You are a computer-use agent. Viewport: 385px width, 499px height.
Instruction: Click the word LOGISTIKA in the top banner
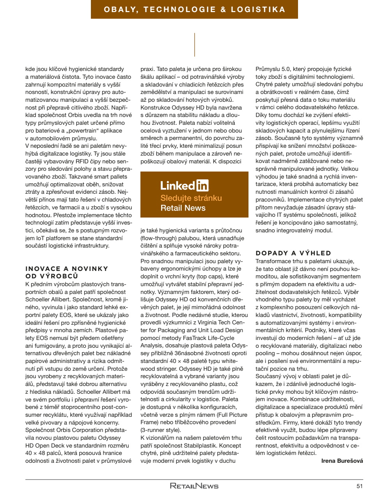click(258, 9)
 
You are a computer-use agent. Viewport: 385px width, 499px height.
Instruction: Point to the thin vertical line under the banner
click(194, 44)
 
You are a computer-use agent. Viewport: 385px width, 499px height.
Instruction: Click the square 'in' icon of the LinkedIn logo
click(202, 185)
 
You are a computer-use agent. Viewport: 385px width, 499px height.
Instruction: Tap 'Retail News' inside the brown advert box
click(183, 208)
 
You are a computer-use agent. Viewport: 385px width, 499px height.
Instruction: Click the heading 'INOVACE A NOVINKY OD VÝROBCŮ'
click(67, 272)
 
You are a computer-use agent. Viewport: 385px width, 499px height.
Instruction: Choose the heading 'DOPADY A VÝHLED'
click(293, 253)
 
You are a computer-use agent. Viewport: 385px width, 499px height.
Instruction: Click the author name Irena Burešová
click(342, 461)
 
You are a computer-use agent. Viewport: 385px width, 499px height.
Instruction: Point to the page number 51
click(359, 486)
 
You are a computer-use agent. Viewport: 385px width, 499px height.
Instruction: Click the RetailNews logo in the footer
click(194, 486)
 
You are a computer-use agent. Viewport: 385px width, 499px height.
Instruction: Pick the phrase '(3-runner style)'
click(161, 430)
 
